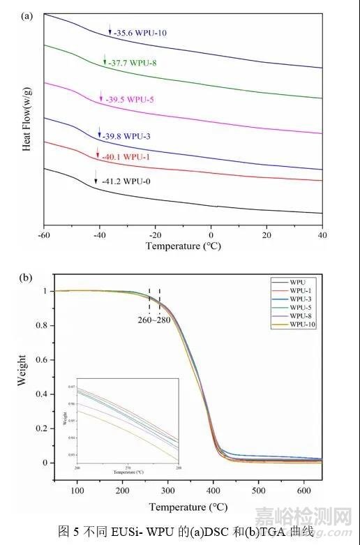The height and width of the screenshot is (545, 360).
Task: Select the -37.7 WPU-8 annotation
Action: click(x=131, y=63)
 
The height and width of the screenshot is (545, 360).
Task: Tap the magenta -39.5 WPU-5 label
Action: click(x=130, y=100)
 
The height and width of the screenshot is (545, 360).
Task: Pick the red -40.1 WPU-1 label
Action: click(x=126, y=158)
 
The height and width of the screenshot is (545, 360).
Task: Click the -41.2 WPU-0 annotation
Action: click(x=126, y=181)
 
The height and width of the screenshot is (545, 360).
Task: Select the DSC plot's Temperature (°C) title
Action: click(x=183, y=246)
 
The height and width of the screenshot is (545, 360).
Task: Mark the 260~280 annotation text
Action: click(x=155, y=322)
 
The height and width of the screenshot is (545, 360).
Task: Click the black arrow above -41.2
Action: click(x=96, y=174)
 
